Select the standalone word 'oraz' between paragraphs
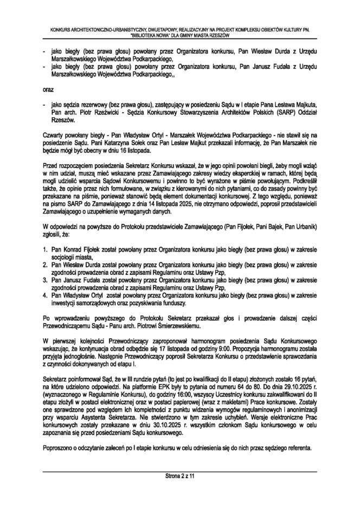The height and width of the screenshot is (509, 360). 48,87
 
